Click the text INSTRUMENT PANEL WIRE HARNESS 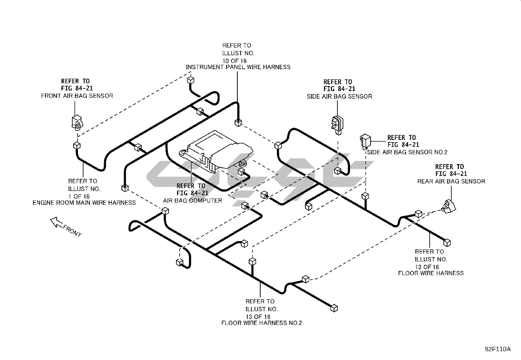(238, 67)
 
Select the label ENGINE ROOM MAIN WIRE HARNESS (84, 203)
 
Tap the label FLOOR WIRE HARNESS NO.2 (261, 323)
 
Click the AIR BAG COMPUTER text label (192, 200)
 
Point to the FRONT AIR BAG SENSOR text (77, 96)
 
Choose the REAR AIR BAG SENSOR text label (451, 181)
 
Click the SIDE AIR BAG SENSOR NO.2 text (407, 152)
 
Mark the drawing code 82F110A (497, 349)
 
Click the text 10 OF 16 (234, 61)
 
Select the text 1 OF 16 (79, 196)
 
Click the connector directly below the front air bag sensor (76, 145)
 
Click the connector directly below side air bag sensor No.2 (365, 196)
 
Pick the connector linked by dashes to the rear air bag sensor (418, 214)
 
